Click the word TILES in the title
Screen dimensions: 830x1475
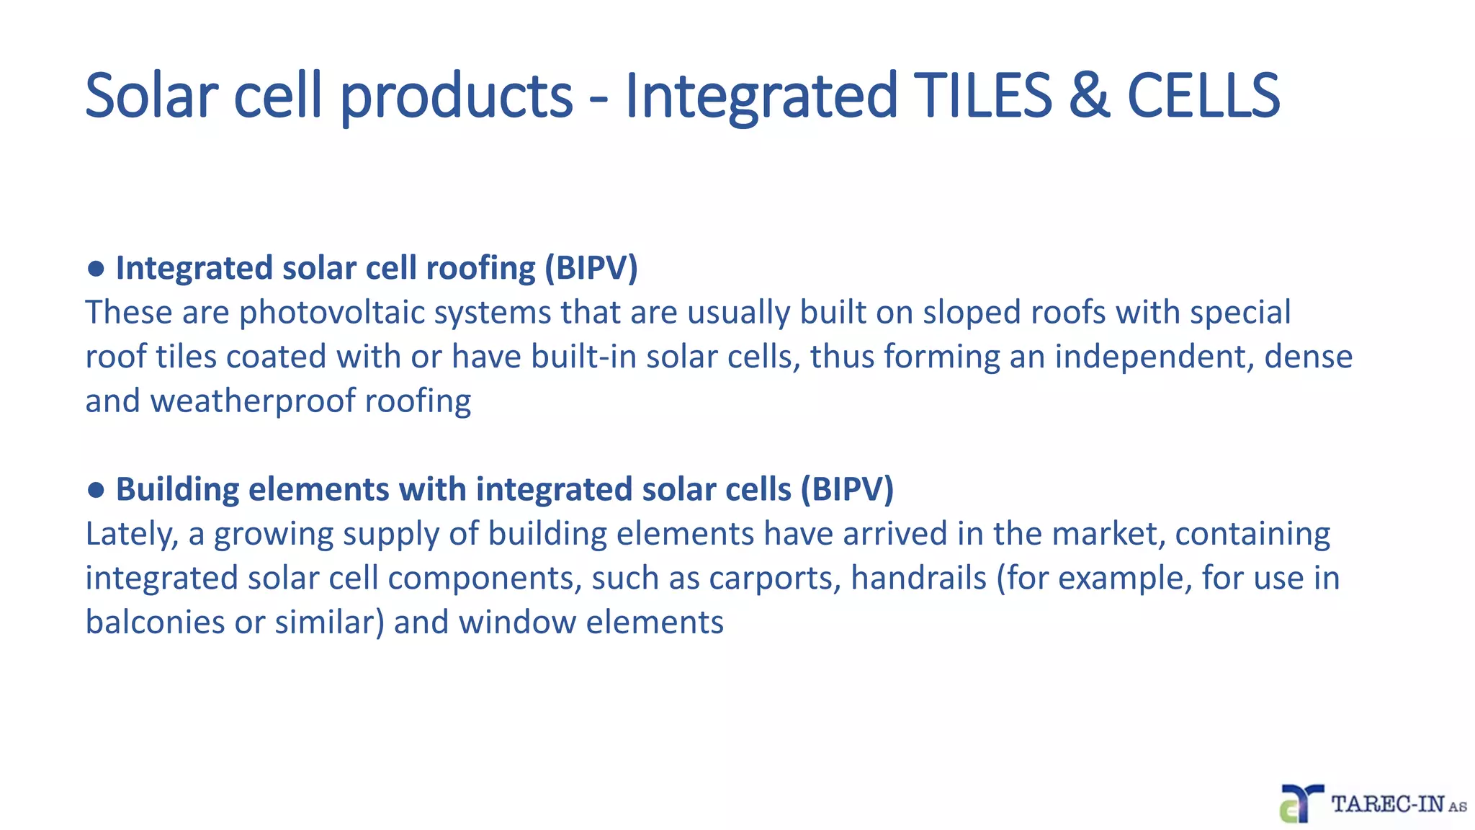tap(983, 95)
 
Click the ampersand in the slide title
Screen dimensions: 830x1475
tap(1089, 95)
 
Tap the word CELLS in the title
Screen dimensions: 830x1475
tap(1203, 95)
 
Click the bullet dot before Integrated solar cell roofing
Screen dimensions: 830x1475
tap(96, 269)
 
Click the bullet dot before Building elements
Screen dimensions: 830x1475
tap(96, 490)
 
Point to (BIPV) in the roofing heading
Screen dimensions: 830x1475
tap(591, 268)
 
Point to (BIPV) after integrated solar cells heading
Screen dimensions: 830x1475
tap(847, 489)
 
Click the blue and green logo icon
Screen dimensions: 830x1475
tap(1301, 803)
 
